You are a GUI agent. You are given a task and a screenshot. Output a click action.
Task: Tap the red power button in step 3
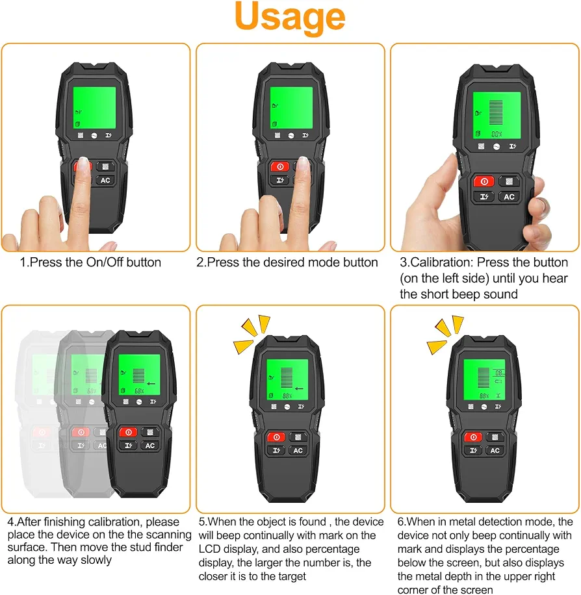point(484,181)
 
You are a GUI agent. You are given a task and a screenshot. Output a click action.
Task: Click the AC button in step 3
point(509,197)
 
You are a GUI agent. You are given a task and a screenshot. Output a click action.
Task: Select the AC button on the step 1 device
point(105,181)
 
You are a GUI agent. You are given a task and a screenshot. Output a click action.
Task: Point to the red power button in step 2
point(280,166)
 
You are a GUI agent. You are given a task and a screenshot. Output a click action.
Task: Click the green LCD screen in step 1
point(94,108)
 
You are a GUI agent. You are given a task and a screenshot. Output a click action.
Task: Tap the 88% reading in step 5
point(287,396)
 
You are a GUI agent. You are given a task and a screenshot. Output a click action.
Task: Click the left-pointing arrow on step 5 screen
point(299,388)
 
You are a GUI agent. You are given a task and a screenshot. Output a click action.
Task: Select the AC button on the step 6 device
point(495,450)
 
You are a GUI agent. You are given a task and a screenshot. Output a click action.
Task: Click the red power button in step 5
point(276,437)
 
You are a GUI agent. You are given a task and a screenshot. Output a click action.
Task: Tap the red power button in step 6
point(473,437)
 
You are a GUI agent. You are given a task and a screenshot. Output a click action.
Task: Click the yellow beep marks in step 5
point(252,334)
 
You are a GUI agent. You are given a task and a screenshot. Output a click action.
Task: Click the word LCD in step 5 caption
point(210,549)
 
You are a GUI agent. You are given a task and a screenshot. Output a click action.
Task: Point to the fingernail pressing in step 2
point(303,163)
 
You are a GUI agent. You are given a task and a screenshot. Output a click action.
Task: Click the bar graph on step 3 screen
point(496,113)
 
